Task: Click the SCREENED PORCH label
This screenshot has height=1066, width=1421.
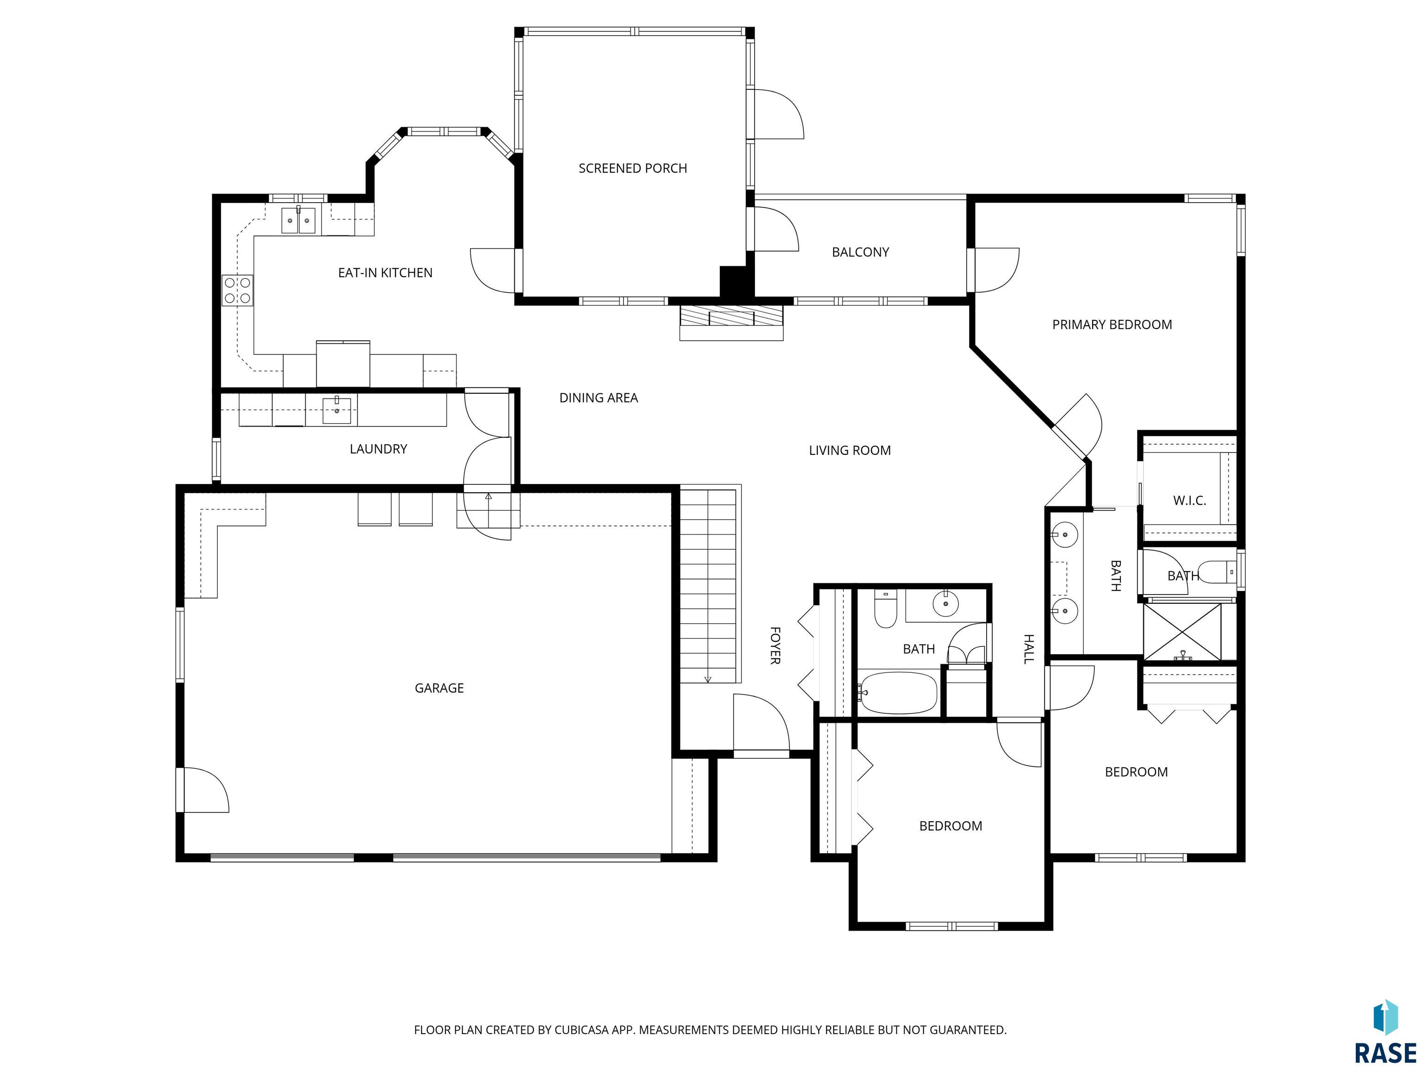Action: pyautogui.click(x=633, y=168)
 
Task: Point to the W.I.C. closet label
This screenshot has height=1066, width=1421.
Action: pyautogui.click(x=1189, y=501)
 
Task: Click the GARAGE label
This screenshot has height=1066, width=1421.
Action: pyautogui.click(x=439, y=688)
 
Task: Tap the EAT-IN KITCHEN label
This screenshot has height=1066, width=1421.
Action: pyautogui.click(x=385, y=273)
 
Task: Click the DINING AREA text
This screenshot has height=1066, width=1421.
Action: pyautogui.click(x=599, y=398)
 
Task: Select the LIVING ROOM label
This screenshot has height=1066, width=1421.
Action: pyautogui.click(x=850, y=451)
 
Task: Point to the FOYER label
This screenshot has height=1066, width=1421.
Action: pyautogui.click(x=775, y=646)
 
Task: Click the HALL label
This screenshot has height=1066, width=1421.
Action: pyautogui.click(x=1028, y=649)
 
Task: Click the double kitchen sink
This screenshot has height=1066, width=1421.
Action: pyautogui.click(x=299, y=220)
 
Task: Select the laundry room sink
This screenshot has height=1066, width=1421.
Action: pyautogui.click(x=337, y=410)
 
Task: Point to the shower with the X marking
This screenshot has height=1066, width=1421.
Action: pyautogui.click(x=1183, y=632)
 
